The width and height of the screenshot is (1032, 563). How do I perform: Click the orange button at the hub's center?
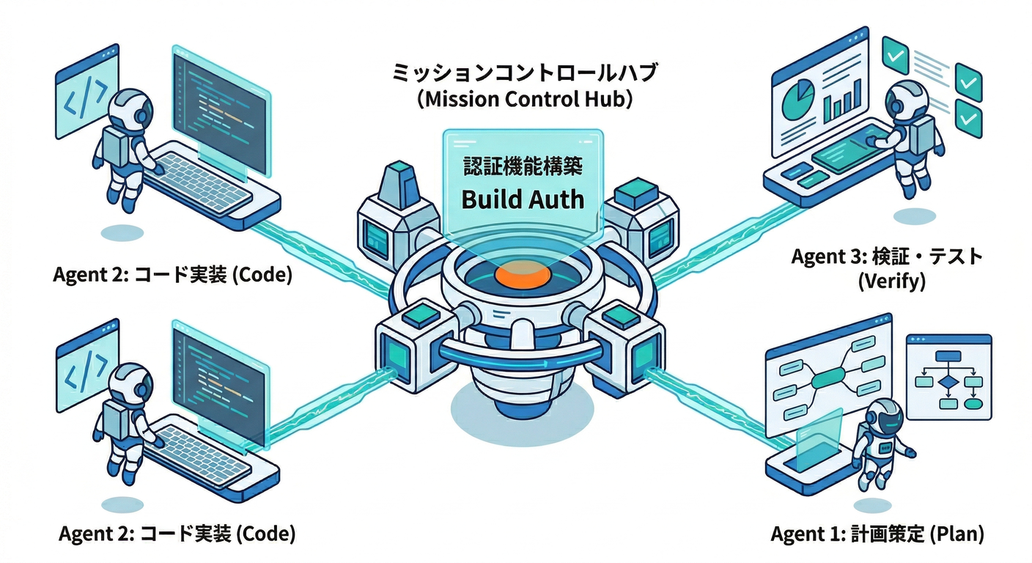522,276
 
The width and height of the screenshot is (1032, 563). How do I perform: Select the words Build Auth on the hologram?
522,198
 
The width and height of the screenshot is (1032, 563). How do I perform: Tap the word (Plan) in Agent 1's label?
956,534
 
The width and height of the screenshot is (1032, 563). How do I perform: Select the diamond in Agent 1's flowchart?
948,381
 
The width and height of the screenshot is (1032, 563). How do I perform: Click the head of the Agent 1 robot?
883,416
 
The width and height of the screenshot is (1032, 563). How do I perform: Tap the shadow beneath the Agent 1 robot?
872,505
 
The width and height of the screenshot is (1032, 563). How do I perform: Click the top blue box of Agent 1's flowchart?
948,357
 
